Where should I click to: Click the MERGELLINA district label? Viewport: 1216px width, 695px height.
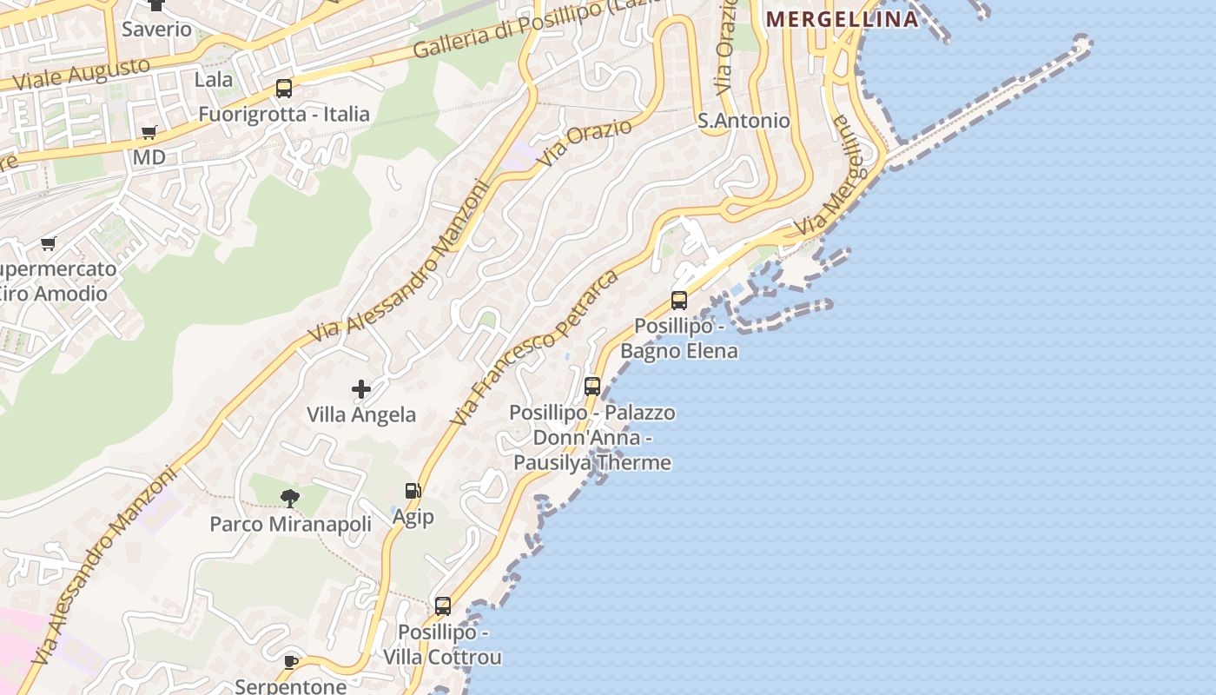(x=841, y=19)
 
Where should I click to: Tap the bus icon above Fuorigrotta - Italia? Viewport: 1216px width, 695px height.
(x=284, y=88)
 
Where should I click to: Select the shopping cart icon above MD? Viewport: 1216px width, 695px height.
(x=149, y=133)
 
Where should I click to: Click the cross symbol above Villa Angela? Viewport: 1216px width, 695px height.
(x=361, y=389)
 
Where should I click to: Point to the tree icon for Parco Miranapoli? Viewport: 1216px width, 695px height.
(x=290, y=498)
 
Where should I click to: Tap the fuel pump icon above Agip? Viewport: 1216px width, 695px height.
(x=413, y=492)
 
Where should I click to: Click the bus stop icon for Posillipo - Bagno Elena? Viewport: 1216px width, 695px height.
(x=679, y=301)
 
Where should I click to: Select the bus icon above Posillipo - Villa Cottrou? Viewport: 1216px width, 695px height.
(x=443, y=606)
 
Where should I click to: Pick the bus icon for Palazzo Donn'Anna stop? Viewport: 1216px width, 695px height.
(x=592, y=387)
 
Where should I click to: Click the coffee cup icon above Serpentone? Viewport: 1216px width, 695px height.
(x=291, y=662)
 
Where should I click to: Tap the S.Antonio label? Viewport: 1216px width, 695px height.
(x=743, y=121)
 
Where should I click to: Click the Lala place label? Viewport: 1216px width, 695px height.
(x=213, y=80)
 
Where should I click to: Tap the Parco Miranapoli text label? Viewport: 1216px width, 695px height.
(x=290, y=524)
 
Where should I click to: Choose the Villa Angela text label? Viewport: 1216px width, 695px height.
(x=361, y=415)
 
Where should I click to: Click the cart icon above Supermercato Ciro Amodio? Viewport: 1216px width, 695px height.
(x=49, y=244)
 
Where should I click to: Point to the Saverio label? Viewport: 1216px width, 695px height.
(x=156, y=29)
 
